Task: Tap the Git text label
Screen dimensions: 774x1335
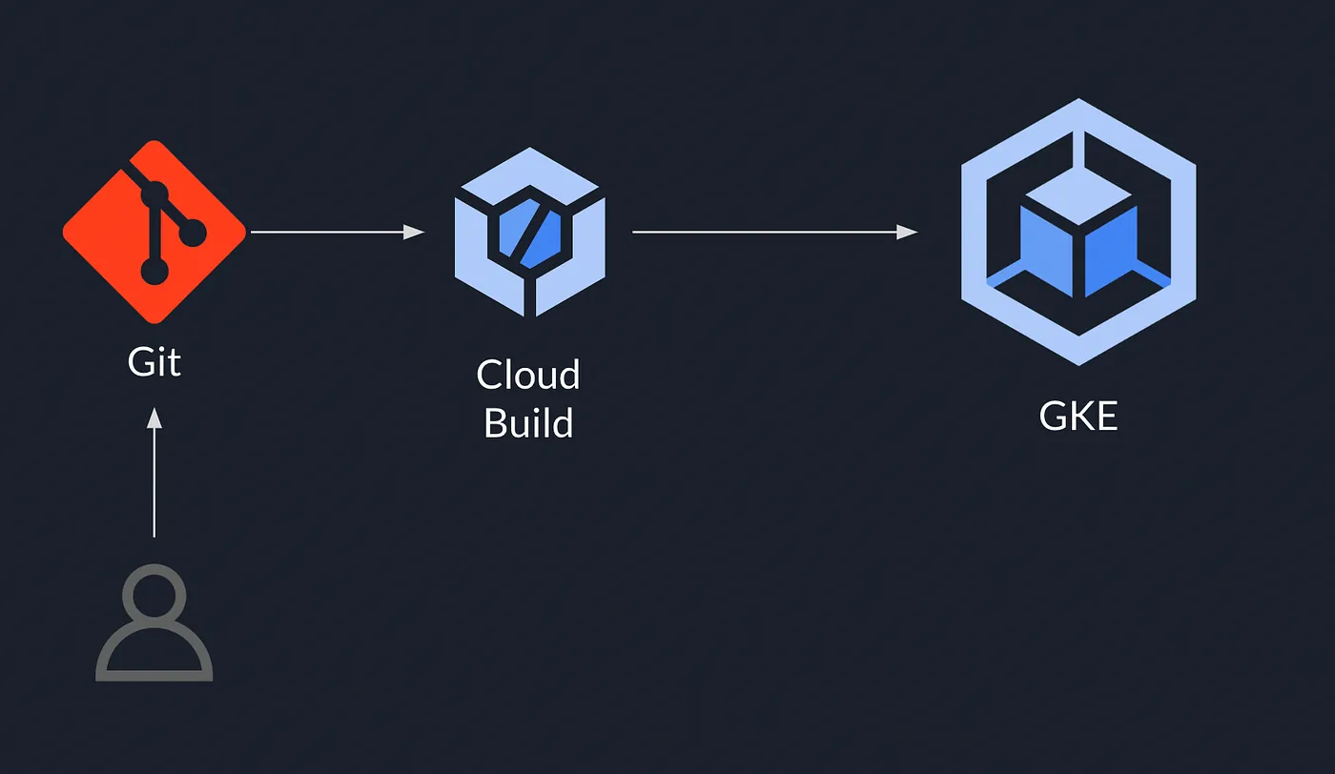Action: pos(154,362)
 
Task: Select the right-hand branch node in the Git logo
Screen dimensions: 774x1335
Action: pos(194,232)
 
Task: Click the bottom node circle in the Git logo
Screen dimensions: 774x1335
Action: pos(154,272)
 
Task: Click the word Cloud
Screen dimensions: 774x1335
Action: pos(528,375)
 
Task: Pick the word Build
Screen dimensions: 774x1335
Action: pos(528,422)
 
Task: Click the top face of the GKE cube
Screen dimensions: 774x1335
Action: pos(1078,199)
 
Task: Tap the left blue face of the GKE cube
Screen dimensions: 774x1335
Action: pos(1046,250)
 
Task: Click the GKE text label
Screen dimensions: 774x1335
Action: pos(1078,417)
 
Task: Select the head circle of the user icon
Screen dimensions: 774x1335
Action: pos(154,593)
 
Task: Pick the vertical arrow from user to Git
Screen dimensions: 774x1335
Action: pos(154,477)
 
